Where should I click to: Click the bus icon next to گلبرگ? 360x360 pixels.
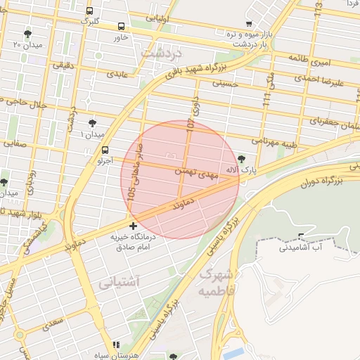[89, 11]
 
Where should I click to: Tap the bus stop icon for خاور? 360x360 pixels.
[122, 26]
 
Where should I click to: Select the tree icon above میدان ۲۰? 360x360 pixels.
[27, 33]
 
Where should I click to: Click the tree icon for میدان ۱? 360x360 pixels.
[92, 122]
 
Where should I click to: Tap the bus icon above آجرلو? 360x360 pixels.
[105, 150]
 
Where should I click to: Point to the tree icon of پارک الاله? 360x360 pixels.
[243, 159]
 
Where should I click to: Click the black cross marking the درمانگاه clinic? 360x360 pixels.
[134, 226]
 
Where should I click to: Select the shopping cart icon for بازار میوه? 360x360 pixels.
[249, 23]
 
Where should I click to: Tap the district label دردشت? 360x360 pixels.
[161, 53]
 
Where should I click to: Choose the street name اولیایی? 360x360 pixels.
[172, 20]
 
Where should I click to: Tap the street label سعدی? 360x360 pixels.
[53, 323]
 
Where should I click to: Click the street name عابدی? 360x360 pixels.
[117, 72]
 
